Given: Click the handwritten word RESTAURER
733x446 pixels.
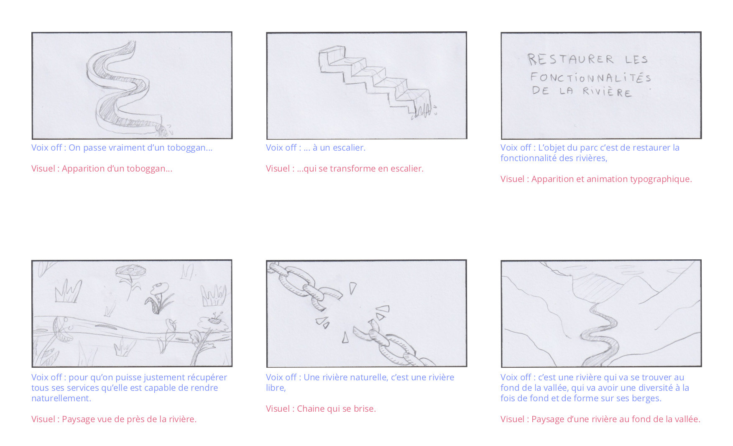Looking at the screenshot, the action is coord(571,59).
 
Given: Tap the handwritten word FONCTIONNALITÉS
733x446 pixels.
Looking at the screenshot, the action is coord(590,77).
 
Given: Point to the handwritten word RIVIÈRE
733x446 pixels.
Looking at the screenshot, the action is coord(607,92).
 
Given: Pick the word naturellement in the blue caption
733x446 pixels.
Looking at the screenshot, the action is coord(61,398).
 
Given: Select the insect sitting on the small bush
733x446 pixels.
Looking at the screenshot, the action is coord(216,318).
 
